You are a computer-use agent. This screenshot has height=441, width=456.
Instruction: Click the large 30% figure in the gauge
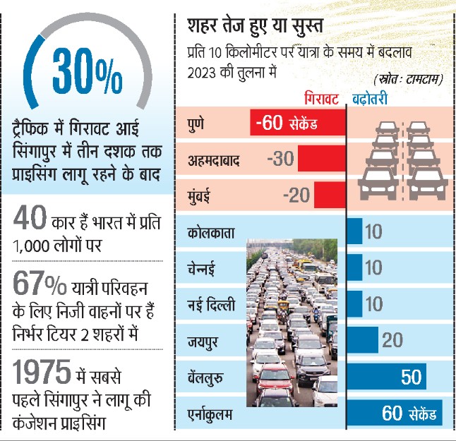coord(87,71)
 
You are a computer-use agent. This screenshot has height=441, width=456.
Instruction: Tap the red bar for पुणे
coord(297,124)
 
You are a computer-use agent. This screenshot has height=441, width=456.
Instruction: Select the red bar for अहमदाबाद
coord(321,159)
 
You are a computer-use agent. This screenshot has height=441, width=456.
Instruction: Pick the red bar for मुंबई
coord(329,194)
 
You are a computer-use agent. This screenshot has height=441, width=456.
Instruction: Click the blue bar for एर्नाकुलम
coord(395,413)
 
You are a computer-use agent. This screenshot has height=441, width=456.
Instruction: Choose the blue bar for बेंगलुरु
coord(395,377)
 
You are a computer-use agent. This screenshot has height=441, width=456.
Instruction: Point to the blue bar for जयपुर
coord(363,340)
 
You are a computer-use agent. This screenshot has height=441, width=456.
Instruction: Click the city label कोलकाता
coord(211,231)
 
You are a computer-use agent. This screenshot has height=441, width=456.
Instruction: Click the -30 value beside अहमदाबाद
coord(280,159)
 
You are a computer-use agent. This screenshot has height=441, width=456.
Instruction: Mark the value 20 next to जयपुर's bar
coord(392,341)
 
